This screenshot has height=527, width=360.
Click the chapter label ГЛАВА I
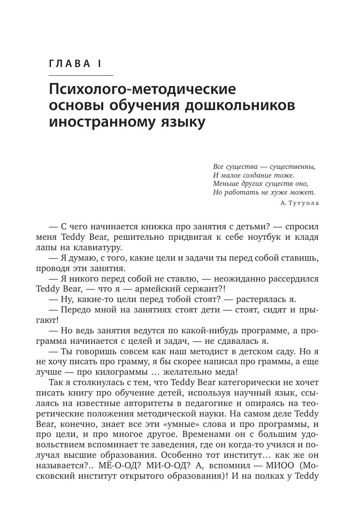[x=75, y=64]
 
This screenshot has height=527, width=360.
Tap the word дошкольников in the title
[x=238, y=106]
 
